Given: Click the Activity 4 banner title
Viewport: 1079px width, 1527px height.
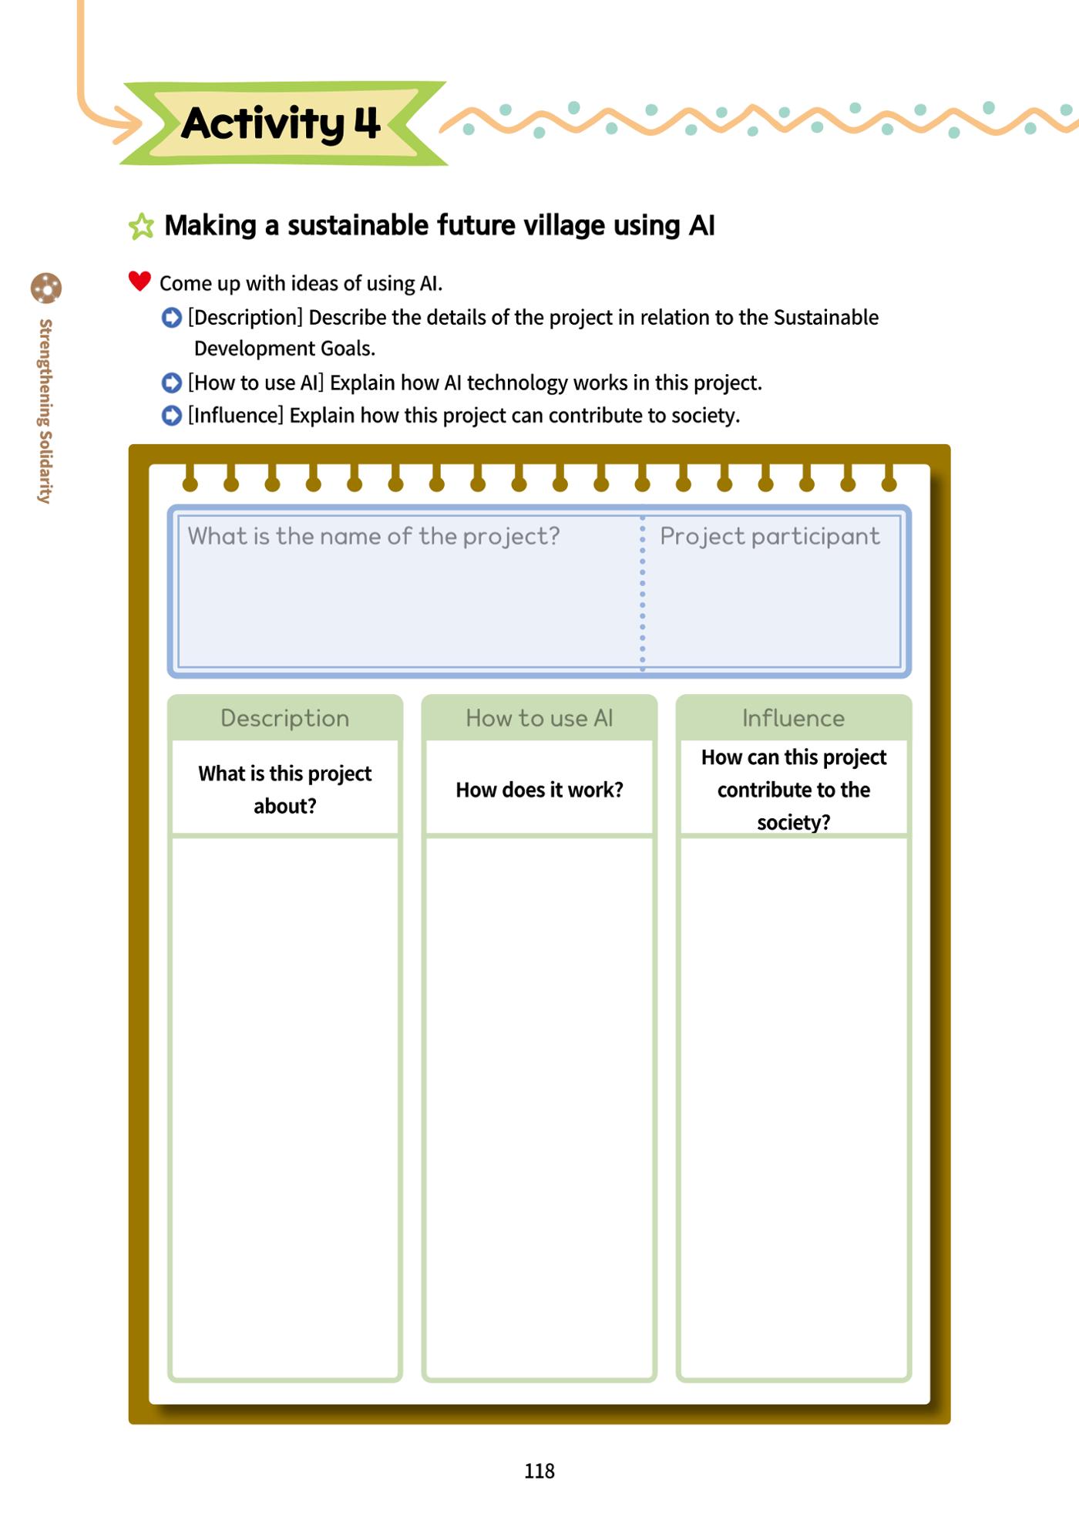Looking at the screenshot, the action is (x=281, y=123).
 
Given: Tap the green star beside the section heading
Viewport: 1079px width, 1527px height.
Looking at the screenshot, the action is (x=141, y=226).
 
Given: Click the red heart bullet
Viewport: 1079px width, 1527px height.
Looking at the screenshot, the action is (x=139, y=281).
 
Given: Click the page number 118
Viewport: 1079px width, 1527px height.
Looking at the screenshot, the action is (x=539, y=1471).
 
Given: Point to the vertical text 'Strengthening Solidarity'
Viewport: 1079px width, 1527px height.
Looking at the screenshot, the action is (x=45, y=411).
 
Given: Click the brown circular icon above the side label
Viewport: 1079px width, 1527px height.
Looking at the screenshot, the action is (x=46, y=288).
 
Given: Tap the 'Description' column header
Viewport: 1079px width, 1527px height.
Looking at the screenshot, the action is (x=285, y=718).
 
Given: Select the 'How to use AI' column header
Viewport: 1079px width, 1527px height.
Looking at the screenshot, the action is (x=539, y=718).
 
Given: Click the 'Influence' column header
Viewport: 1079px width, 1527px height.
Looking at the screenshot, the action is (x=794, y=718).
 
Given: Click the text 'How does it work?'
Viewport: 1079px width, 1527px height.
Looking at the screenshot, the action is (x=539, y=790).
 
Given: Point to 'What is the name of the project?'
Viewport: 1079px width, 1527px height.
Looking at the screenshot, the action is (x=374, y=536).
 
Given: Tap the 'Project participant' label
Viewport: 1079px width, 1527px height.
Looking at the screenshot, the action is (x=770, y=536).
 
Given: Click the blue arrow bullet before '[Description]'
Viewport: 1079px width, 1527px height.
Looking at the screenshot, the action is (x=171, y=317).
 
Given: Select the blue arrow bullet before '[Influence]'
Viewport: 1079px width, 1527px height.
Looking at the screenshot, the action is (x=171, y=416).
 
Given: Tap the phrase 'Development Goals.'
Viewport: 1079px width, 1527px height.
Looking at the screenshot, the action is (x=284, y=349).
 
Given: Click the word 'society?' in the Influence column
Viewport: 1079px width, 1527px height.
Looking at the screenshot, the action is (x=794, y=822).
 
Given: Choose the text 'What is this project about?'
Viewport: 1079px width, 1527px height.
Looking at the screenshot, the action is (x=285, y=790).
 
